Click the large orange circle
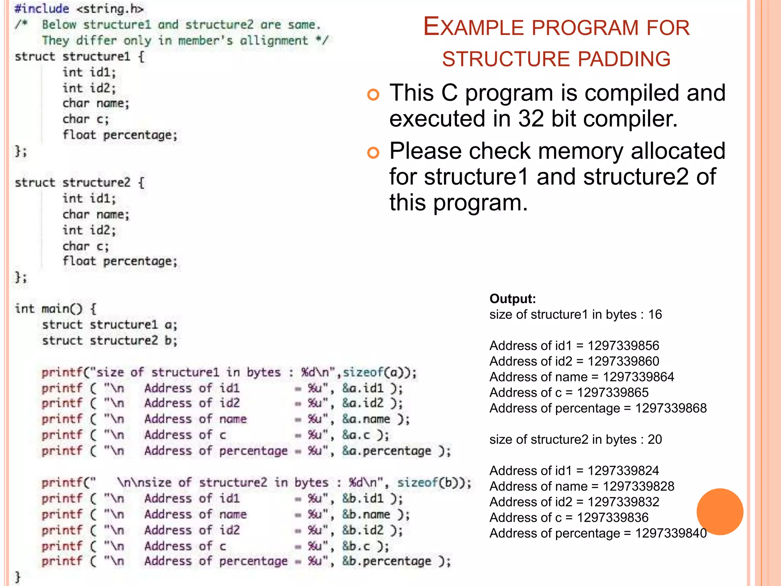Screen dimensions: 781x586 pos(720,512)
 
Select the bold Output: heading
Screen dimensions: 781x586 pos(513,299)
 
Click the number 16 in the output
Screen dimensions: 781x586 pos(655,314)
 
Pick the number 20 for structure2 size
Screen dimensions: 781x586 pos(655,439)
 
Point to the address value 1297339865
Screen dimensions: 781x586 pos(612,393)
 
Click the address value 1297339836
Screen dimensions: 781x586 pos(612,518)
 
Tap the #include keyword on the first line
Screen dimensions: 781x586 pos(42,9)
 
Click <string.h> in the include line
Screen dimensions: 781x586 pos(110,9)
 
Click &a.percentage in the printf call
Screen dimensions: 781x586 pos(386,451)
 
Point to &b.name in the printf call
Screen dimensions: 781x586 pos(366,514)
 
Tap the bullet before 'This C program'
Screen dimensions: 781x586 pos(373,94)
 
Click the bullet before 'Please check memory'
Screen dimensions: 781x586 pos(373,153)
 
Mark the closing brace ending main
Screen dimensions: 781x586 pos(17,576)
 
